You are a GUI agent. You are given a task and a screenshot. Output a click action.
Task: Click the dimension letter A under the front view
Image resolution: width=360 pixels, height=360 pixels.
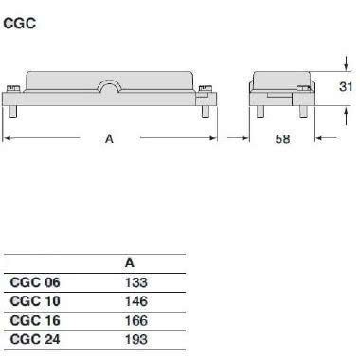[x=109, y=138]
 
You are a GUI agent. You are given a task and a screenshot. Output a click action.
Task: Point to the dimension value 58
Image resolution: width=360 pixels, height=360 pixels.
[x=282, y=139]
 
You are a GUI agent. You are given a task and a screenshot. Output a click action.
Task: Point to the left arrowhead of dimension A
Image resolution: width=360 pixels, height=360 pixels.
[x=9, y=138]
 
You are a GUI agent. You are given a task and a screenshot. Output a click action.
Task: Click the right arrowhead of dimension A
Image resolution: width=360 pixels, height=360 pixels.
[x=218, y=138]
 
